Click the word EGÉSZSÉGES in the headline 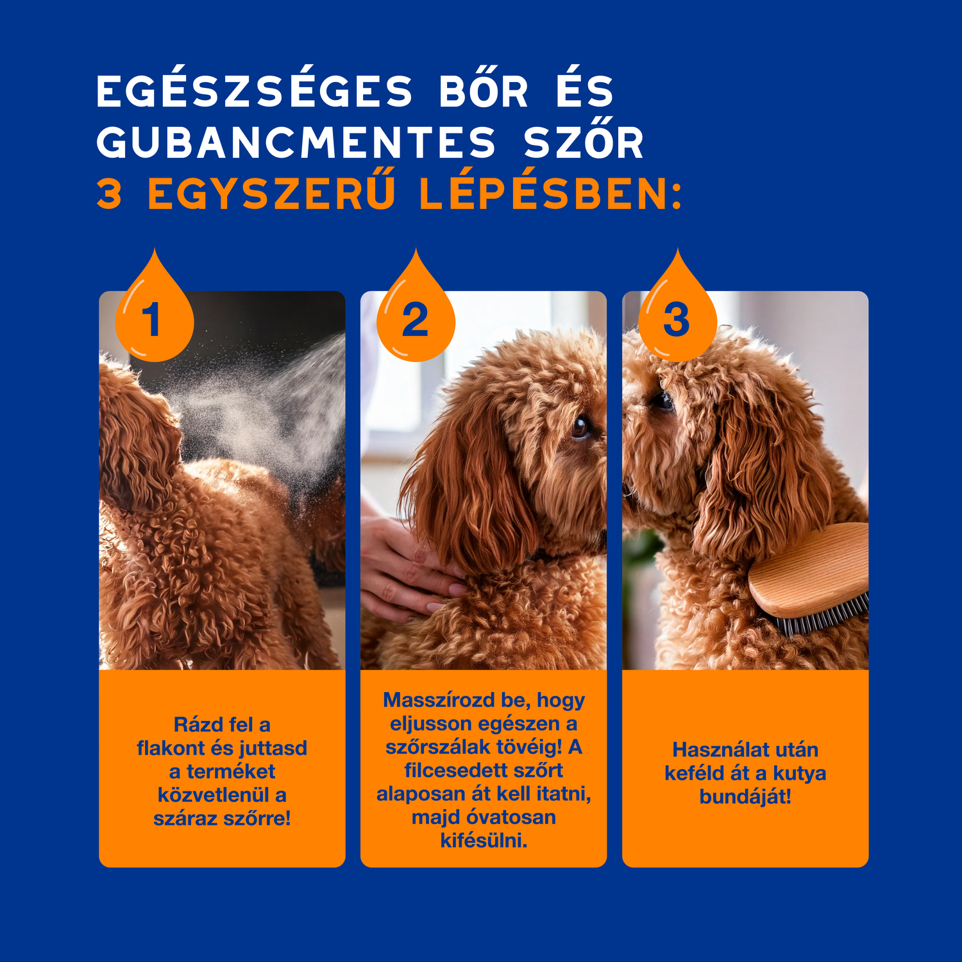[254, 91]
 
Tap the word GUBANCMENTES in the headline [296, 142]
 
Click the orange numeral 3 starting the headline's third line [110, 194]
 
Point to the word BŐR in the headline [484, 91]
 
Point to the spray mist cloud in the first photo [269, 410]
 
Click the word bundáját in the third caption [744, 797]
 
